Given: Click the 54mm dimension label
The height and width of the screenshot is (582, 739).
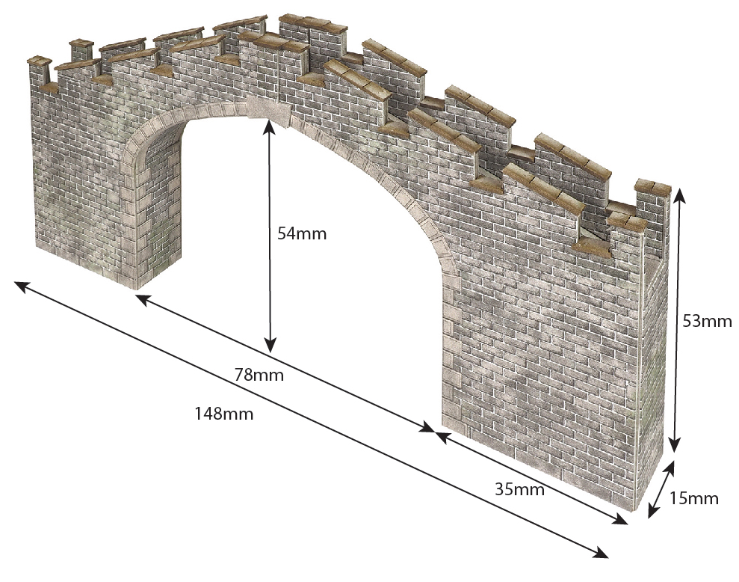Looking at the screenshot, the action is [302, 233].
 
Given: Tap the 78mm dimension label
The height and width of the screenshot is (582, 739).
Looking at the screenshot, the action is [259, 375].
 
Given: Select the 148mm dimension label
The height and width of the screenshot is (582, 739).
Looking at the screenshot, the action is [223, 414].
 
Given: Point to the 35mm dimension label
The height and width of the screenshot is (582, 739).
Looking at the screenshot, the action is [519, 490].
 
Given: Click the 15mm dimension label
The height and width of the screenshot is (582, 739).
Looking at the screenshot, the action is [693, 498].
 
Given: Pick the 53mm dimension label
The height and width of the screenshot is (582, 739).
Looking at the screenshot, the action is [707, 322].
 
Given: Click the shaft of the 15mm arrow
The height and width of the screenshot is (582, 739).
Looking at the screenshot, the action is [661, 490].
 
